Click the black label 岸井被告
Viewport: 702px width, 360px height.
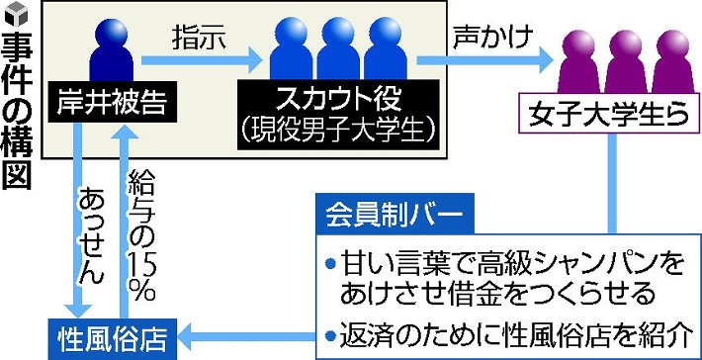click(x=112, y=102)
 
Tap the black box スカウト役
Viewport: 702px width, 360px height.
click(x=338, y=115)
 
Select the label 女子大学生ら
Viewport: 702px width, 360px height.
click(x=608, y=114)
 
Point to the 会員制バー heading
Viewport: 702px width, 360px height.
click(x=395, y=213)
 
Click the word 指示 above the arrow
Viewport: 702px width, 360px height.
click(x=199, y=40)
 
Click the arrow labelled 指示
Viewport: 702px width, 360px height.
click(x=201, y=61)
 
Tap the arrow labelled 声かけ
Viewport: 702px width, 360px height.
click(x=484, y=60)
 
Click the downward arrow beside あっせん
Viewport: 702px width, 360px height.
click(x=78, y=221)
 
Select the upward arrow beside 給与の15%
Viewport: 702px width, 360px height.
click(x=124, y=221)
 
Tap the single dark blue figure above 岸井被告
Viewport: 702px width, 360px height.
click(x=112, y=50)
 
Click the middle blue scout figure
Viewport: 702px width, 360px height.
click(x=338, y=48)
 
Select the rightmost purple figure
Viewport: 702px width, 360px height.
click(x=673, y=61)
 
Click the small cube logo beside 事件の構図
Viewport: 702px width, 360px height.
click(x=16, y=13)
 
